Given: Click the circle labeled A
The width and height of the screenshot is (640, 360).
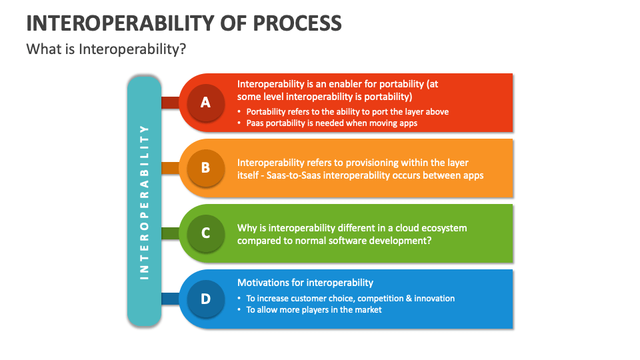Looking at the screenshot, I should point(205,103).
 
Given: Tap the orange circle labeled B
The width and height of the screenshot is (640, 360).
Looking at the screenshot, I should point(205,168).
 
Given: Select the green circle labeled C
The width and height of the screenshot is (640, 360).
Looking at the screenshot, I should point(205,233).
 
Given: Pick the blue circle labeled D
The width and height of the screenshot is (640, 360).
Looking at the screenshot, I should point(205,299).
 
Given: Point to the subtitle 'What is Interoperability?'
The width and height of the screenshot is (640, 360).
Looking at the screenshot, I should point(105,49).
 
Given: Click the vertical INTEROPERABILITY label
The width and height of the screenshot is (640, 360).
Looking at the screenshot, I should point(144,201).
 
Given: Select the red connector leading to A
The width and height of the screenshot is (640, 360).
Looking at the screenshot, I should point(171,103).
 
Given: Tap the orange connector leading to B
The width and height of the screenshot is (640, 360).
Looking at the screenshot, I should point(171,168).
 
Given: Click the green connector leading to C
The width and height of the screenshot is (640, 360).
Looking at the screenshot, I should point(171,233).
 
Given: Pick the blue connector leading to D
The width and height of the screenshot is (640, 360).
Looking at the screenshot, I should point(171,299).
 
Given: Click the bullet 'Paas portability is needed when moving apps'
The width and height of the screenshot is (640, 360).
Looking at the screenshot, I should point(331,123).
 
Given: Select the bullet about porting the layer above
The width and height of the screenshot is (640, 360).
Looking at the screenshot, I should point(347,111).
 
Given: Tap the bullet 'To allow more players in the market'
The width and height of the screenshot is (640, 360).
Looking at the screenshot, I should point(314,309).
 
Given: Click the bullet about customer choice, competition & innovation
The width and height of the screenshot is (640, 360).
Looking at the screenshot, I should point(350,298).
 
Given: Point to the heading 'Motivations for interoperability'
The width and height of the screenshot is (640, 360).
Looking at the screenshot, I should point(305,283).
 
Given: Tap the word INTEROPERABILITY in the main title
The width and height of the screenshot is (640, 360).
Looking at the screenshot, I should point(118,23).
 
